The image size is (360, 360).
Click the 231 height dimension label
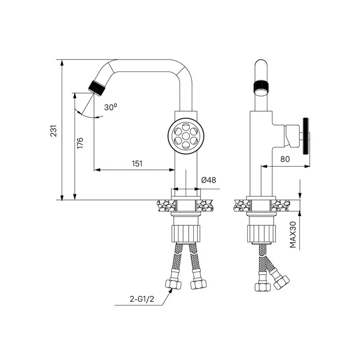pyautogui.click(x=53, y=131)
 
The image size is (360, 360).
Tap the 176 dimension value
pyautogui.click(x=80, y=143)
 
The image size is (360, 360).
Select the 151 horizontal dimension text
pyautogui.click(x=137, y=164)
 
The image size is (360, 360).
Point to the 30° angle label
pyautogui.click(x=111, y=107)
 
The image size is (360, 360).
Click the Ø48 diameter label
pyautogui.click(x=208, y=180)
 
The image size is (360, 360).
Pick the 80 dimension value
pyautogui.click(x=285, y=159)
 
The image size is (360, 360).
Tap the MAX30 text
pyautogui.click(x=293, y=235)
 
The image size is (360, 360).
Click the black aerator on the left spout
pyautogui.click(x=97, y=88)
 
